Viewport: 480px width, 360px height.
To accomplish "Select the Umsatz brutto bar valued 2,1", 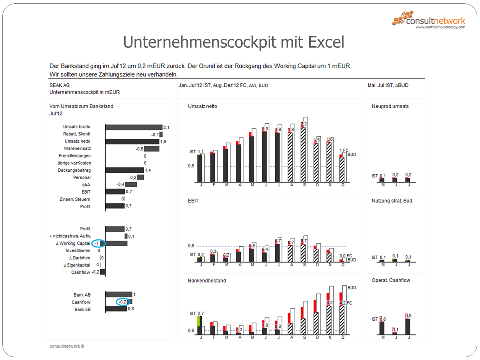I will tap(134, 127).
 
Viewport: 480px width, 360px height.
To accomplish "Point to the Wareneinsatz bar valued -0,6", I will tap(152, 149).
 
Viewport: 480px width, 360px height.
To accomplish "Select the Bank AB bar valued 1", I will tap(119, 295).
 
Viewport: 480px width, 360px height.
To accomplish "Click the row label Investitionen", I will tap(78, 251).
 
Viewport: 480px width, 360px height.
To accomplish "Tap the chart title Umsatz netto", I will tap(202, 106).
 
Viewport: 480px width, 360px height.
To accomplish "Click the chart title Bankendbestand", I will tap(207, 281).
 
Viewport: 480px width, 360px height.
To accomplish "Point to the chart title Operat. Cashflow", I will tap(391, 281).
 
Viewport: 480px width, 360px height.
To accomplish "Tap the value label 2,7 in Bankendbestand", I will tap(201, 313).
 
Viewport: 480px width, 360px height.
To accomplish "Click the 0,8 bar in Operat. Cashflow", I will tap(408, 326).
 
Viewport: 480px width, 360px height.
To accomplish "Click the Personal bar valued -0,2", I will tap(141, 177).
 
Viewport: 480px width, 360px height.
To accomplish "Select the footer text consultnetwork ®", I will tap(67, 346).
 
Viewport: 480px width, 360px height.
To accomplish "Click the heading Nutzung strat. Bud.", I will tap(392, 201).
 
